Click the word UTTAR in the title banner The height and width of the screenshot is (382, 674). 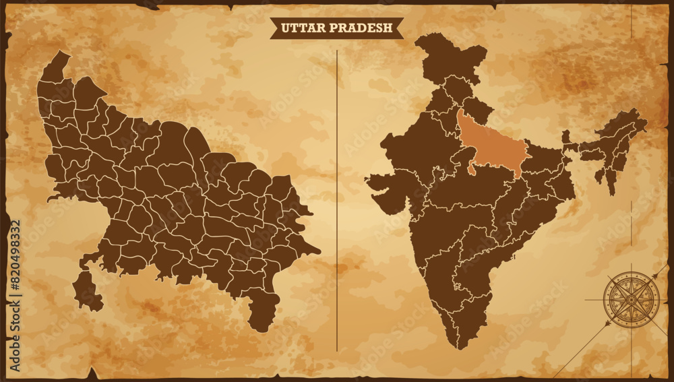pos(300,28)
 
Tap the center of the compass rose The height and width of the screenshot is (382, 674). pos(631,298)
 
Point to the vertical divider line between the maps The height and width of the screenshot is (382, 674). pos(337,202)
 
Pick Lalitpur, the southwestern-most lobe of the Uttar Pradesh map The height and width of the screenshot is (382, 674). pos(86,291)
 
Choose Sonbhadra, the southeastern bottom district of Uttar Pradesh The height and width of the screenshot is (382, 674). pos(263,310)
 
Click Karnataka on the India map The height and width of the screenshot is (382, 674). pos(438,283)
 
